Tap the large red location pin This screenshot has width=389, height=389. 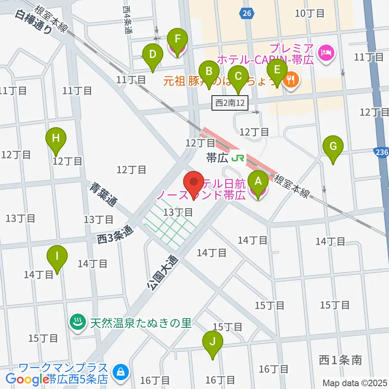click(194, 184)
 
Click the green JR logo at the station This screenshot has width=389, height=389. click(238, 158)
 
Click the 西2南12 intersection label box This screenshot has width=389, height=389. click(230, 103)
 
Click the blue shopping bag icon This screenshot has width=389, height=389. click(121, 371)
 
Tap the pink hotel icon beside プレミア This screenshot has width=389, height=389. click(325, 51)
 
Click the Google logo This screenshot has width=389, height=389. click(28, 379)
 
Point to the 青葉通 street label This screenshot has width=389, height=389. click(104, 194)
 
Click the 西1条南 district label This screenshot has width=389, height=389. click(340, 360)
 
